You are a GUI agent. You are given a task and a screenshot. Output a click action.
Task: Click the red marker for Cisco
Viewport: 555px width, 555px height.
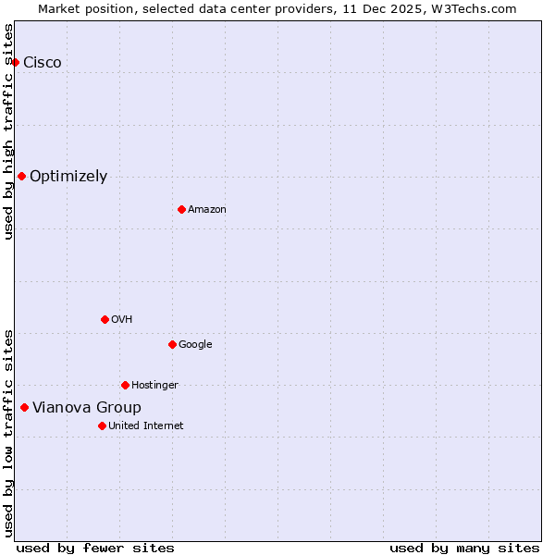[x=16, y=62]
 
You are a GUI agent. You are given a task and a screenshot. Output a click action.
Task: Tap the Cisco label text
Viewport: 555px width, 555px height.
[x=43, y=63]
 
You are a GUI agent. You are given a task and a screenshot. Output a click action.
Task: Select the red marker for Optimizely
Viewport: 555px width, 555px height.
[x=21, y=176]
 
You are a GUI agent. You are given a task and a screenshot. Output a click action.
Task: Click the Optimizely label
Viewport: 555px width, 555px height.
[x=68, y=177]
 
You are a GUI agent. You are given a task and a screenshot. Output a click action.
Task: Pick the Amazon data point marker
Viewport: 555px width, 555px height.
[x=181, y=209]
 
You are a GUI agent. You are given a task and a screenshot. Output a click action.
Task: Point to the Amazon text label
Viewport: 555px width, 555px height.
[x=207, y=210]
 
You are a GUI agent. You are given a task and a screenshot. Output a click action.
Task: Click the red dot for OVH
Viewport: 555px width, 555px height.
[x=105, y=319]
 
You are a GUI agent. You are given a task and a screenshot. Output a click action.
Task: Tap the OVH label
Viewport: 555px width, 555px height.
[x=122, y=320]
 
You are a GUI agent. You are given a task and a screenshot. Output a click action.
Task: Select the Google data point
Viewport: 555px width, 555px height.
[x=172, y=344]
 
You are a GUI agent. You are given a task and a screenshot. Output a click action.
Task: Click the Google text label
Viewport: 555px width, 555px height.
[x=195, y=345]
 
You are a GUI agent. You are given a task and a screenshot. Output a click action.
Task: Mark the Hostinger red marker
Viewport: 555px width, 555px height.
[x=125, y=385]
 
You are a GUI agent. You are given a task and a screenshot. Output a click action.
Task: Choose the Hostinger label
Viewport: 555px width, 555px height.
[x=154, y=386]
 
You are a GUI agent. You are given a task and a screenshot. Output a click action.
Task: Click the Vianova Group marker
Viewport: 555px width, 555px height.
[x=24, y=407]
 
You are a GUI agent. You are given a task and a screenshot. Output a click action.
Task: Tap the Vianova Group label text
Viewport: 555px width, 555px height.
[x=87, y=408]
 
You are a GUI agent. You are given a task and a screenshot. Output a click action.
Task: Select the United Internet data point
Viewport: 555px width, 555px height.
[x=102, y=425]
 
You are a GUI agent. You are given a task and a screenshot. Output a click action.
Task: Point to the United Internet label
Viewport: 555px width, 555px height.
[x=145, y=426]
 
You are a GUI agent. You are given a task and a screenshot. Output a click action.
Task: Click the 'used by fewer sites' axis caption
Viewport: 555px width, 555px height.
[x=95, y=548]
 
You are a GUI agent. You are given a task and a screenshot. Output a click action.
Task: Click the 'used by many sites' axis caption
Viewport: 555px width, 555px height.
[x=464, y=548]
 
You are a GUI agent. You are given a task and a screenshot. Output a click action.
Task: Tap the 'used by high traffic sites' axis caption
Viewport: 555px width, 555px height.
[x=8, y=131]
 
